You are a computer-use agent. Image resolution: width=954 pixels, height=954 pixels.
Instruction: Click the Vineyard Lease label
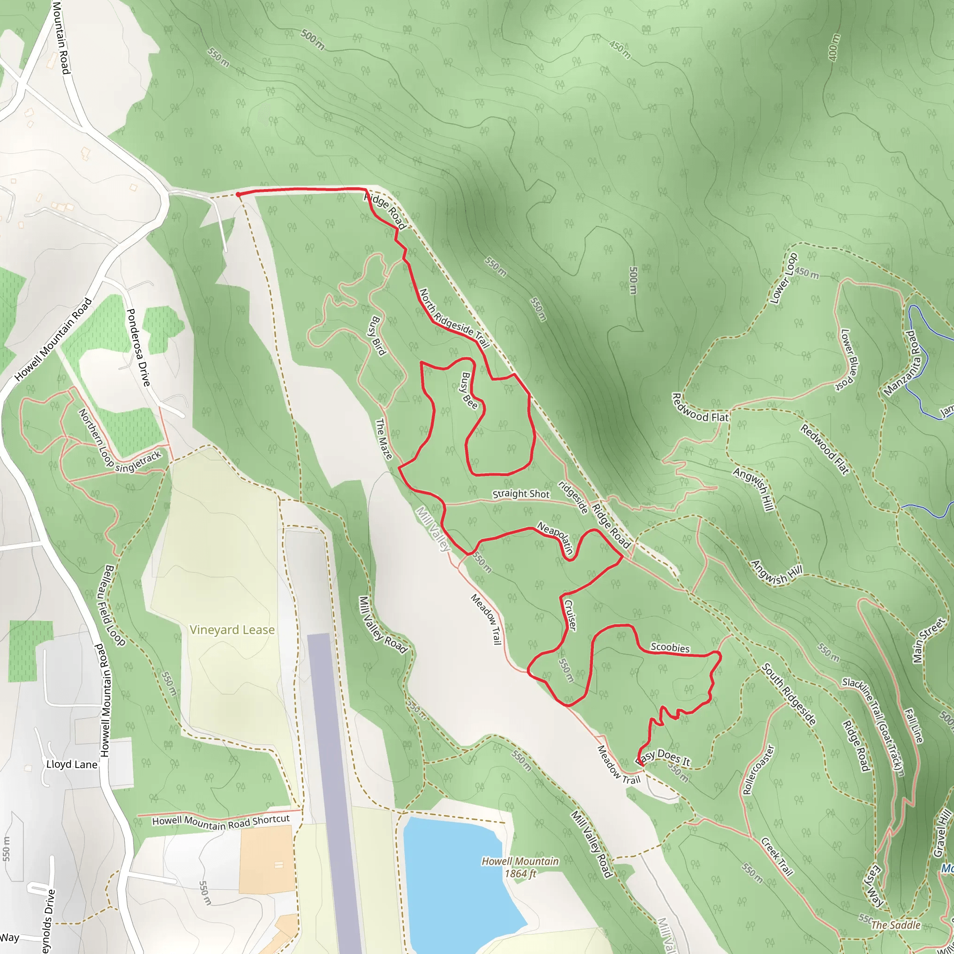tap(232, 630)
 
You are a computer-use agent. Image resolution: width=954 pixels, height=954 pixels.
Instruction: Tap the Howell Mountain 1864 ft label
tap(520, 867)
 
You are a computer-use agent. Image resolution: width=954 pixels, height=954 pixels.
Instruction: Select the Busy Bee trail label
tap(469, 390)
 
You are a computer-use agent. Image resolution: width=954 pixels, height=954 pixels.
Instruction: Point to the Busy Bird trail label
tap(378, 336)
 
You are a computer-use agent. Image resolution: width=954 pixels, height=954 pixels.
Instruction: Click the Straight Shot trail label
tap(520, 494)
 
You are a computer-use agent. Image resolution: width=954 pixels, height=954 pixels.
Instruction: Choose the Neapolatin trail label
tap(556, 538)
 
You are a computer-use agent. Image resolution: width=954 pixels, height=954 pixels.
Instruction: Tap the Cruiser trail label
tap(570, 615)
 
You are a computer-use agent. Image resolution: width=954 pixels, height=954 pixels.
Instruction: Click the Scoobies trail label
tap(669, 647)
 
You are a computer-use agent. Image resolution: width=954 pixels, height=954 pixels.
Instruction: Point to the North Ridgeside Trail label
tap(454, 319)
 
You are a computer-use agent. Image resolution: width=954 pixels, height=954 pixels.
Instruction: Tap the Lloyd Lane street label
tap(72, 764)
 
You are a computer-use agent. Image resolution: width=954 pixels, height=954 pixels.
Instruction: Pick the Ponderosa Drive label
tap(138, 348)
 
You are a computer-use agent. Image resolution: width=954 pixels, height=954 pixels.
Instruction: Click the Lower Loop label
tap(784, 279)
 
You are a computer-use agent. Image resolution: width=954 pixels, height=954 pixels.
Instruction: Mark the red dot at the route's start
tap(238, 195)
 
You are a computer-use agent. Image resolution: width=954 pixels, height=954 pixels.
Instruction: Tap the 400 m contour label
tap(833, 48)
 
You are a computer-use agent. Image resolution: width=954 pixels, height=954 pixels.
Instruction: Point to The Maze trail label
tap(384, 439)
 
